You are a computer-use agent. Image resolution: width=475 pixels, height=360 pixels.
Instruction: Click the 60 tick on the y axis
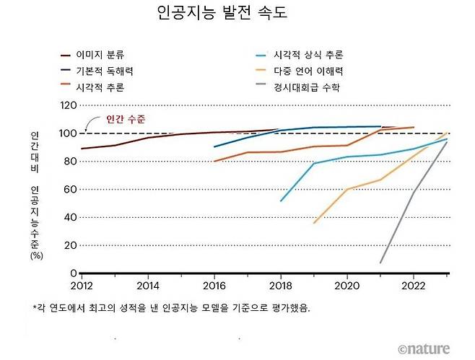click(x=69, y=190)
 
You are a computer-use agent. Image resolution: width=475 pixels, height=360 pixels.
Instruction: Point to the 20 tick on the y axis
click(x=69, y=245)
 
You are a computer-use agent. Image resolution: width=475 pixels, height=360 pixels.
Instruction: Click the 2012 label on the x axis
click(x=82, y=284)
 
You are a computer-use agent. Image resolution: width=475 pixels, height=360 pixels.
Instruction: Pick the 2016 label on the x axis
click(x=214, y=284)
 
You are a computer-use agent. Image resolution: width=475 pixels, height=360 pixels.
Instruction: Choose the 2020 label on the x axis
click(x=347, y=284)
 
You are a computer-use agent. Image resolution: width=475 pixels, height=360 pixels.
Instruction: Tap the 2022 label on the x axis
click(x=413, y=284)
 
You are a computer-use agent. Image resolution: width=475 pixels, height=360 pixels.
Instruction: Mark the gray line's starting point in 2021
click(x=380, y=263)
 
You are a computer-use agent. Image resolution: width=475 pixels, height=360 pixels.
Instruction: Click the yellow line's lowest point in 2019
click(x=313, y=223)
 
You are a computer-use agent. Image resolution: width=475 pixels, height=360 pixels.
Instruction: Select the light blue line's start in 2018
click(x=280, y=201)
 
